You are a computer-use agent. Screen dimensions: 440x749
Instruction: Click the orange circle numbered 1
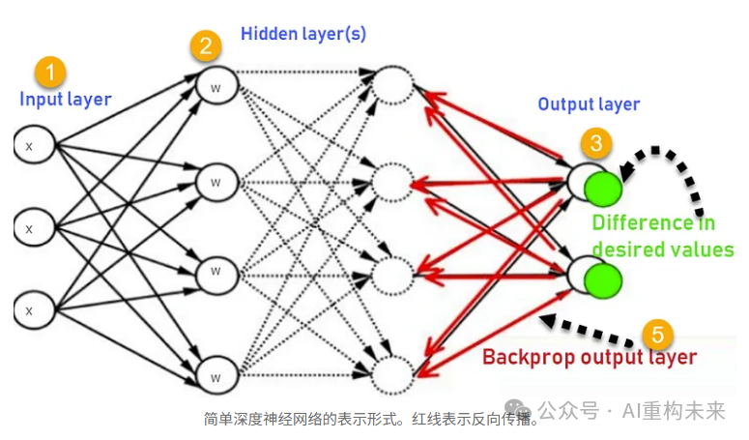[x=50, y=72]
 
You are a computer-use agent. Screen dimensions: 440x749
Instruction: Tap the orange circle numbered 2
[x=204, y=45]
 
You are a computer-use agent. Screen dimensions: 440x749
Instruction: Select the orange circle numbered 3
[x=595, y=144]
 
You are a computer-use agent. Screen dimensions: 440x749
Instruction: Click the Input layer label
[x=66, y=99]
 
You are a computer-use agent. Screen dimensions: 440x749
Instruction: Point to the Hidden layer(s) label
[x=302, y=34]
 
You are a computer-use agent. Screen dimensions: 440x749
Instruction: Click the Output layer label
[x=589, y=104]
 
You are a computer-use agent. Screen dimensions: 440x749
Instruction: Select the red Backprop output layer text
[x=590, y=357]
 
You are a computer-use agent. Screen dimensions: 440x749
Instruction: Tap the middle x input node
[x=29, y=228]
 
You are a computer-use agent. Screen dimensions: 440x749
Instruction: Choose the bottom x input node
[x=29, y=309]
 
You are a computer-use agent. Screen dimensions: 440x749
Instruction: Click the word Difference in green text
[x=642, y=223]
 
